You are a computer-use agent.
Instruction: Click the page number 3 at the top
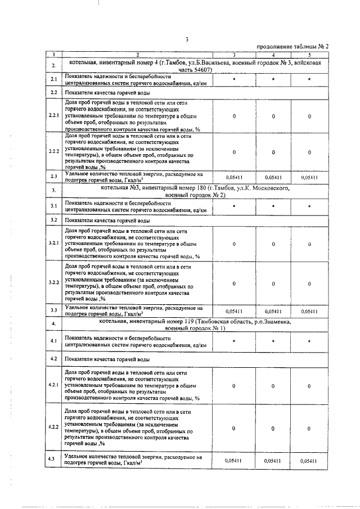coord(185,38)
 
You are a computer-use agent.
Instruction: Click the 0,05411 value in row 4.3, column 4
coord(273,460)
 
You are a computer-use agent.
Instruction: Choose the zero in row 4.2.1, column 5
coord(309,386)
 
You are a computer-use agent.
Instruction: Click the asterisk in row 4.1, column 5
coord(309,341)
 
